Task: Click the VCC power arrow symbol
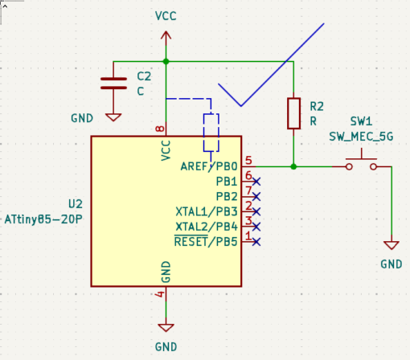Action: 166,38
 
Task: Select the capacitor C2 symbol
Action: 113,84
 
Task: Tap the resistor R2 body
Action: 293,113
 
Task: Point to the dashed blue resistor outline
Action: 211,133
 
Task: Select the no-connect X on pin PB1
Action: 256,182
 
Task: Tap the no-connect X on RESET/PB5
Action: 256,242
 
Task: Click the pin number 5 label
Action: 248,161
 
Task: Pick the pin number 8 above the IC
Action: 160,129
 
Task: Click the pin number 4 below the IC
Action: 160,294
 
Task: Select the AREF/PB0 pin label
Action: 209,166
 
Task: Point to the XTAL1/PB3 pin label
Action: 207,211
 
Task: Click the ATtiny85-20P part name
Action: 43,219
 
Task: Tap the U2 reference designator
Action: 76,204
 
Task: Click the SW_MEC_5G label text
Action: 361,137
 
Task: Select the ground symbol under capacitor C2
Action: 113,117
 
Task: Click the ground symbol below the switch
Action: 392,245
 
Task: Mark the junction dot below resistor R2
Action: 293,166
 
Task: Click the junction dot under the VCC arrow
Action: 166,62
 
